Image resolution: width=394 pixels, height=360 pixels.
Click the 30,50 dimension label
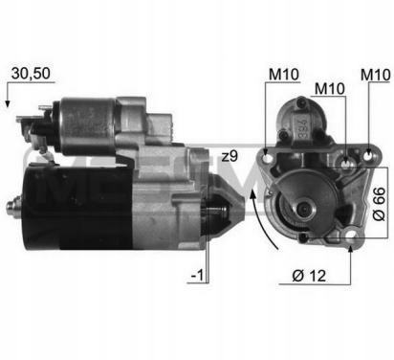click(x=31, y=74)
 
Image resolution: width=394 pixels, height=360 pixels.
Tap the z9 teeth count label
click(x=230, y=156)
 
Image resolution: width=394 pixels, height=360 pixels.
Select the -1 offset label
click(x=197, y=275)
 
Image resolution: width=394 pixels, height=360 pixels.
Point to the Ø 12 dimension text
click(x=309, y=276)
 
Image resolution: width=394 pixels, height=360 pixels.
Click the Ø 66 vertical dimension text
click(x=379, y=204)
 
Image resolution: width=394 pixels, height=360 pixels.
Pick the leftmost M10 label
click(x=284, y=75)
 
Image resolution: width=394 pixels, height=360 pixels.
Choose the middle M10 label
click(x=330, y=89)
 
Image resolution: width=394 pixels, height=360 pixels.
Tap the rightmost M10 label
click(x=375, y=75)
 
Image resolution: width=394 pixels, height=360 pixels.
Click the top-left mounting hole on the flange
click(x=267, y=158)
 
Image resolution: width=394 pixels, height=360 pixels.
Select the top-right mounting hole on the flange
click(x=368, y=156)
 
